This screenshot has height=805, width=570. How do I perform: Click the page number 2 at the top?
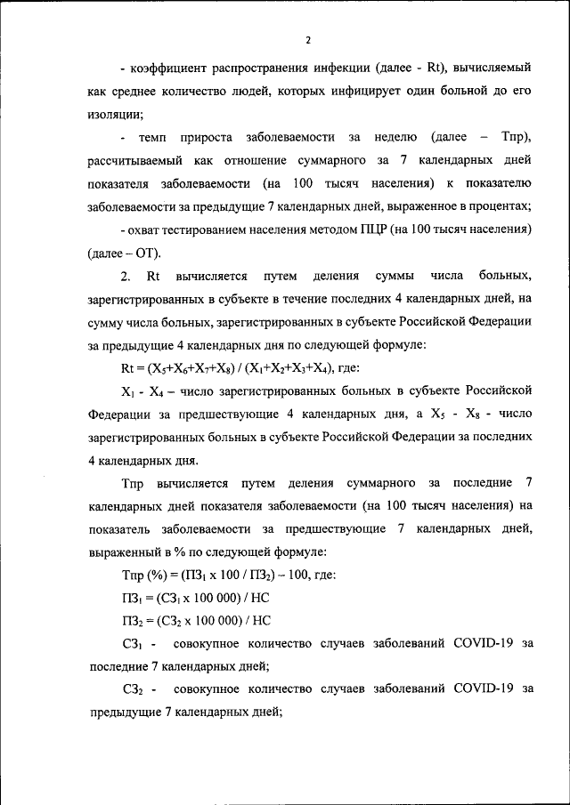(x=307, y=40)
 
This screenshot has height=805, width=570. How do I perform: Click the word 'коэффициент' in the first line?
(x=167, y=68)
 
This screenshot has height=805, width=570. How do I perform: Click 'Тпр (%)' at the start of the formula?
(x=142, y=575)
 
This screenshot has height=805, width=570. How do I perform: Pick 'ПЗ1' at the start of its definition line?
(x=131, y=598)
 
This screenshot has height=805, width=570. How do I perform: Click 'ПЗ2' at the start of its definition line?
(x=131, y=621)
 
